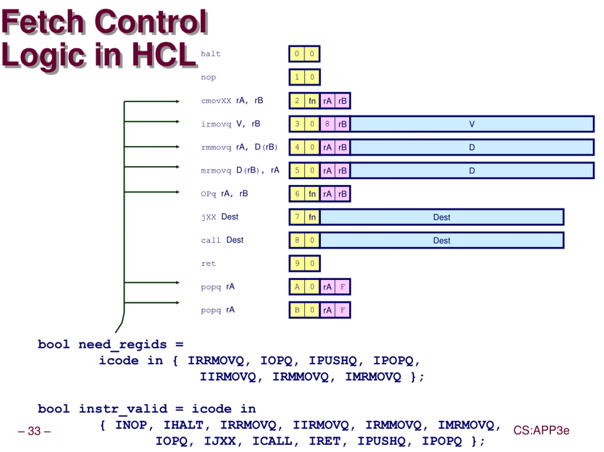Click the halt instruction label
click(210, 54)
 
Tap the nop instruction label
click(209, 78)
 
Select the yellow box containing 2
click(297, 101)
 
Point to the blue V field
click(472, 124)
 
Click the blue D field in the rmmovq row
click(472, 147)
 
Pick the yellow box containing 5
click(297, 170)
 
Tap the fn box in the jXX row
click(312, 217)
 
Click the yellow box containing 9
click(297, 263)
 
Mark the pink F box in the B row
click(342, 310)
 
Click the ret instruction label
click(208, 263)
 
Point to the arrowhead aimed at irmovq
click(178, 122)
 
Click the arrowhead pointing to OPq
click(178, 192)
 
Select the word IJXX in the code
click(220, 441)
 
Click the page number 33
click(34, 431)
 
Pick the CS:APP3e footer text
click(541, 430)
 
